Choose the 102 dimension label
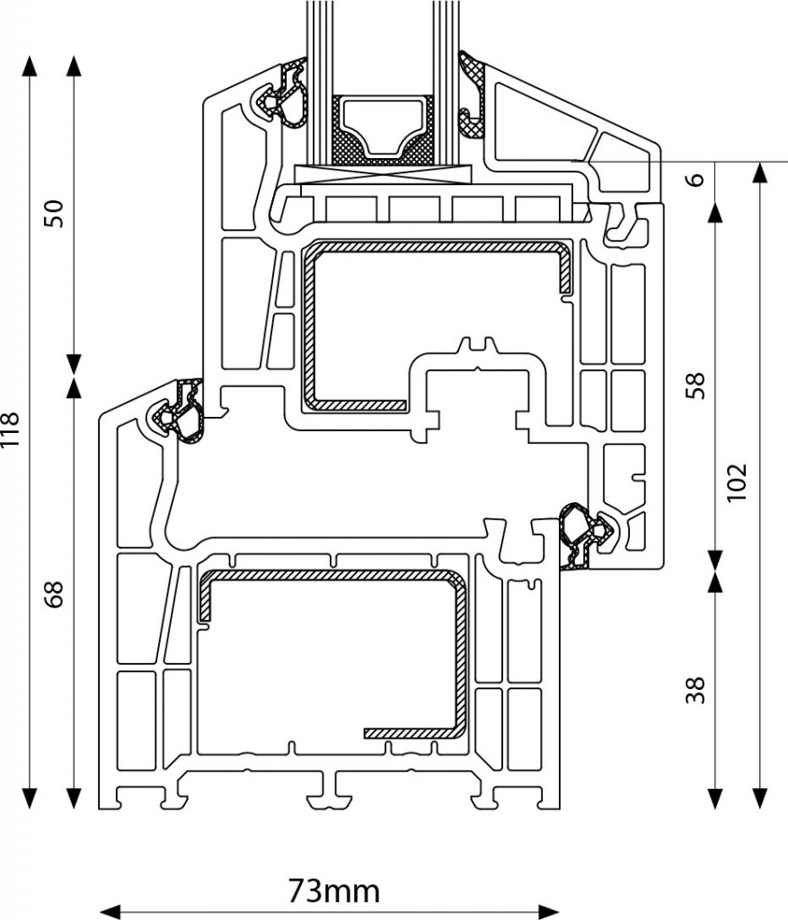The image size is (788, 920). click(x=738, y=482)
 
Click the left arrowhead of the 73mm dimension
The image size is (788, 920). click(x=111, y=911)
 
